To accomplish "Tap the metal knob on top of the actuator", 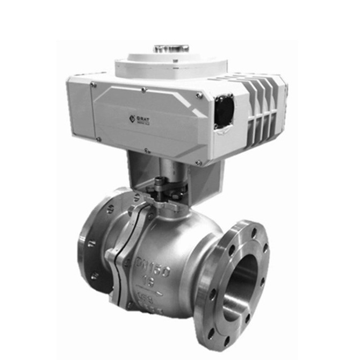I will tap(171, 49).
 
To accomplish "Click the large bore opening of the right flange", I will tap(247, 287).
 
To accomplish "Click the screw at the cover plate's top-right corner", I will tap(199, 96).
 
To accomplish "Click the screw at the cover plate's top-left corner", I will tap(93, 84).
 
